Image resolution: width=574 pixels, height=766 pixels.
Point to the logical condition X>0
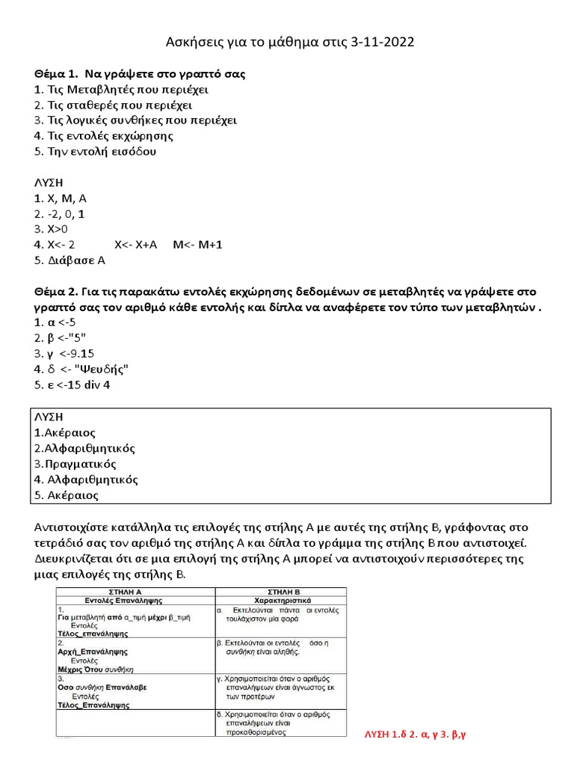[51, 229]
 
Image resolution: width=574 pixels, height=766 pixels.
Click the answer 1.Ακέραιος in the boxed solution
[64, 432]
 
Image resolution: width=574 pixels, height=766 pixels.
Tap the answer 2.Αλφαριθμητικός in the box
[84, 448]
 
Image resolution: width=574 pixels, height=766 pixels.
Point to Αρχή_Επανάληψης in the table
[93, 652]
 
